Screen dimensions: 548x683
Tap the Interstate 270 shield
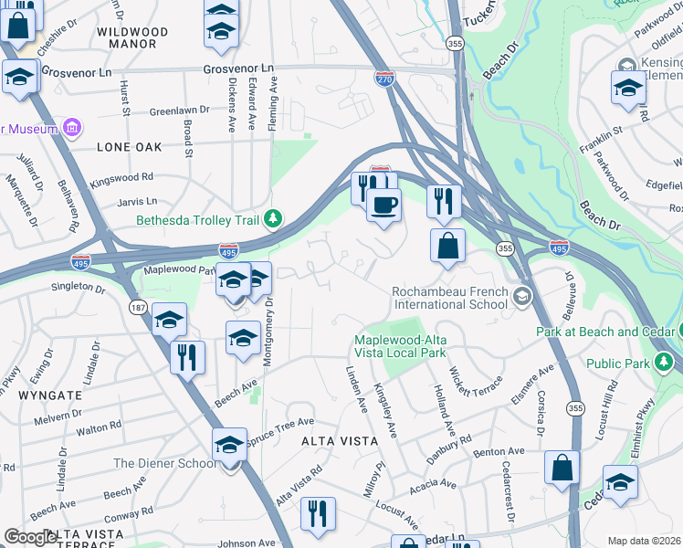(x=384, y=79)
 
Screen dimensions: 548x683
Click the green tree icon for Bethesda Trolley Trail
(x=272, y=219)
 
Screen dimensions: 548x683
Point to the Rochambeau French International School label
(x=448, y=298)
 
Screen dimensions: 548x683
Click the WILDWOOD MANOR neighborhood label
(x=132, y=37)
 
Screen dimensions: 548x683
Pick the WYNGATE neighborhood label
(x=48, y=395)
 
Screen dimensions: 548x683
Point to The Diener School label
(x=164, y=463)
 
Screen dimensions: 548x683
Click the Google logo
(x=31, y=537)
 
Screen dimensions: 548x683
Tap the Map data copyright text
(x=645, y=541)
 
